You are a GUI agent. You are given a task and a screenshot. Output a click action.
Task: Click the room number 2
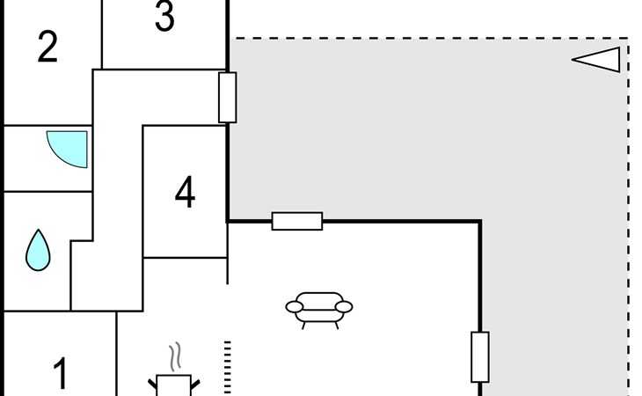click(x=47, y=48)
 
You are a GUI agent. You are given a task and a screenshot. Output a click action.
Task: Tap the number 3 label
click(x=164, y=17)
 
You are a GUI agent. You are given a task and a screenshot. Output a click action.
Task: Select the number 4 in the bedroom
click(x=185, y=192)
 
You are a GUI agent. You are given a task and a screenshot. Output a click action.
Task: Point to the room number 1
click(x=61, y=373)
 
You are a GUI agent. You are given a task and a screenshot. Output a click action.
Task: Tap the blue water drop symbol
click(x=38, y=250)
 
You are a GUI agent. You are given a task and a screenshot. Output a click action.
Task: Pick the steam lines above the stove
click(x=175, y=356)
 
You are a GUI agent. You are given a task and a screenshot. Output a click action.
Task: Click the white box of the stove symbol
click(x=173, y=385)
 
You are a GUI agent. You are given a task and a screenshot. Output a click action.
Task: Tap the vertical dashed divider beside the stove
click(x=228, y=368)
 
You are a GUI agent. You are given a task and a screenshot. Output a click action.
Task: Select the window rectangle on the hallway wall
click(x=228, y=98)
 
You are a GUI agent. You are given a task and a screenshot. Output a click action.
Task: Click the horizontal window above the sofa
click(x=297, y=221)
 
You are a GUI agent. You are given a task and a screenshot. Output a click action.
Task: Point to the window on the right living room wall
click(x=480, y=357)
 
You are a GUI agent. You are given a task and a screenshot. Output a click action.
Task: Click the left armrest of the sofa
click(x=294, y=307)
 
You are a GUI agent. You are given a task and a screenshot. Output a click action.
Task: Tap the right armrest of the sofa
click(x=344, y=307)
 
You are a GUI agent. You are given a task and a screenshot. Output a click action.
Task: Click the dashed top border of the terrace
click(x=428, y=39)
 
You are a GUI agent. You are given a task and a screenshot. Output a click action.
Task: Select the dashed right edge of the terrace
click(x=628, y=217)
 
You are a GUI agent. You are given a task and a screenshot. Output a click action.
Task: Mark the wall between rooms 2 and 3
click(x=101, y=34)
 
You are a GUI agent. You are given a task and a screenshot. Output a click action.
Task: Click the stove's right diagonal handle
click(x=195, y=385)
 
